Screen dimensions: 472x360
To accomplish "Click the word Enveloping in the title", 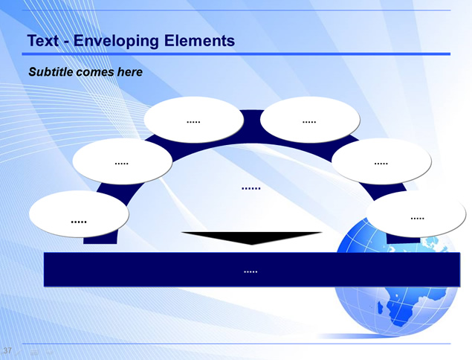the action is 116,41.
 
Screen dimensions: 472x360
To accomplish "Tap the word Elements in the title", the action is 199,41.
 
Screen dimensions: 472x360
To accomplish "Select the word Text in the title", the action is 43,41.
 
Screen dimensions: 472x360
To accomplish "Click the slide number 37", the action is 7,350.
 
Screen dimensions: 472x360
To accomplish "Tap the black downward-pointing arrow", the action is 252,238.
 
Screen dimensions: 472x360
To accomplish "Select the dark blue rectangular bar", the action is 252,269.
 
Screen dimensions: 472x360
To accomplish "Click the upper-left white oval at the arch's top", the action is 193,120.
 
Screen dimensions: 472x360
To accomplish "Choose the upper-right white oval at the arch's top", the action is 310,120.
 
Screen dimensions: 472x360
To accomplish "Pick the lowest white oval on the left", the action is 79,214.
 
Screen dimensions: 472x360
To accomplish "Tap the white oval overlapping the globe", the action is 416,214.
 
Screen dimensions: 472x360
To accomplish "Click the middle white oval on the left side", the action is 122,161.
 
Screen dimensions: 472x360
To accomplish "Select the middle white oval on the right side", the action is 381,161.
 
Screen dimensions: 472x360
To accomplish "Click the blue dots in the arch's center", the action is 251,189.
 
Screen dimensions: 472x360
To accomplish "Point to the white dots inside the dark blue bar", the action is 250,272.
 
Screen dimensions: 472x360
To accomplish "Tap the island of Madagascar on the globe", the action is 381,308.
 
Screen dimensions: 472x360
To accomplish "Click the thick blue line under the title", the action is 236,54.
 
